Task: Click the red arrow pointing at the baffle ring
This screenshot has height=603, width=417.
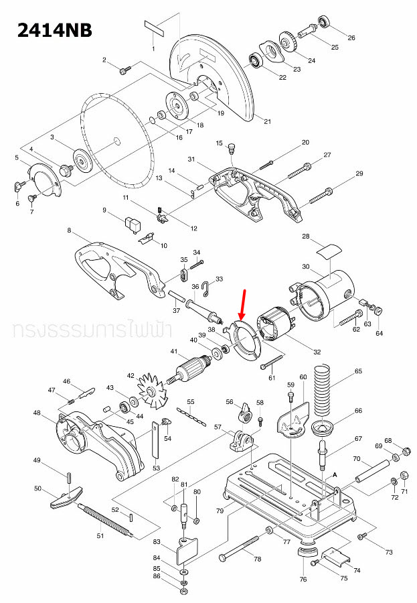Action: click(x=242, y=302)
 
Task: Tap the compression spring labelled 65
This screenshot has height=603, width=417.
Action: click(x=327, y=388)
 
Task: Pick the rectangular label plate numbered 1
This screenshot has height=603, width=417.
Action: click(x=154, y=29)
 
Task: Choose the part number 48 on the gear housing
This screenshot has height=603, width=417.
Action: click(x=37, y=413)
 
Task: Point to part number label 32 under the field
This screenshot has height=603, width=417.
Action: click(x=317, y=352)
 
